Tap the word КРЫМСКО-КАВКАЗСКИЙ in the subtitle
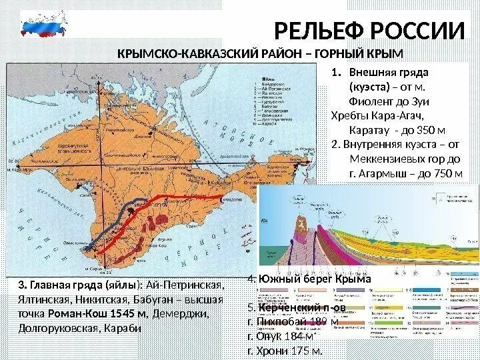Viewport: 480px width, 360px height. pos(177,53)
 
